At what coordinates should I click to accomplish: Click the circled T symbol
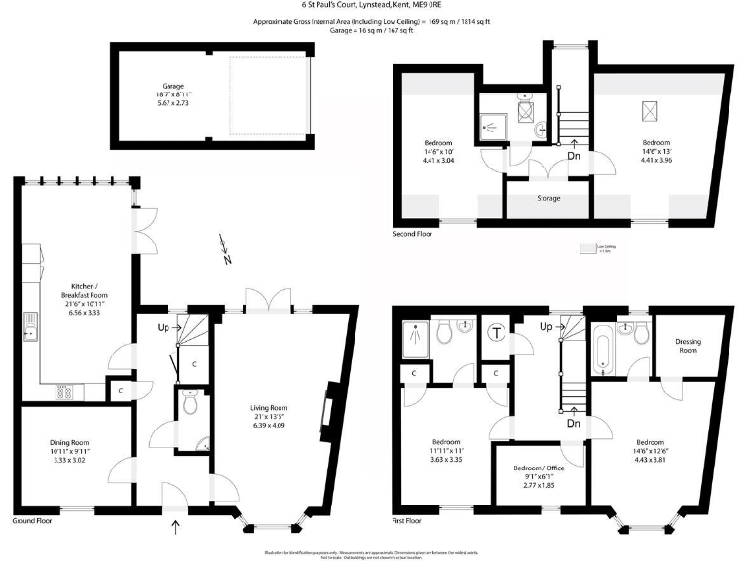[497, 334]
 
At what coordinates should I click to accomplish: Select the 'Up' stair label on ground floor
[164, 326]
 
